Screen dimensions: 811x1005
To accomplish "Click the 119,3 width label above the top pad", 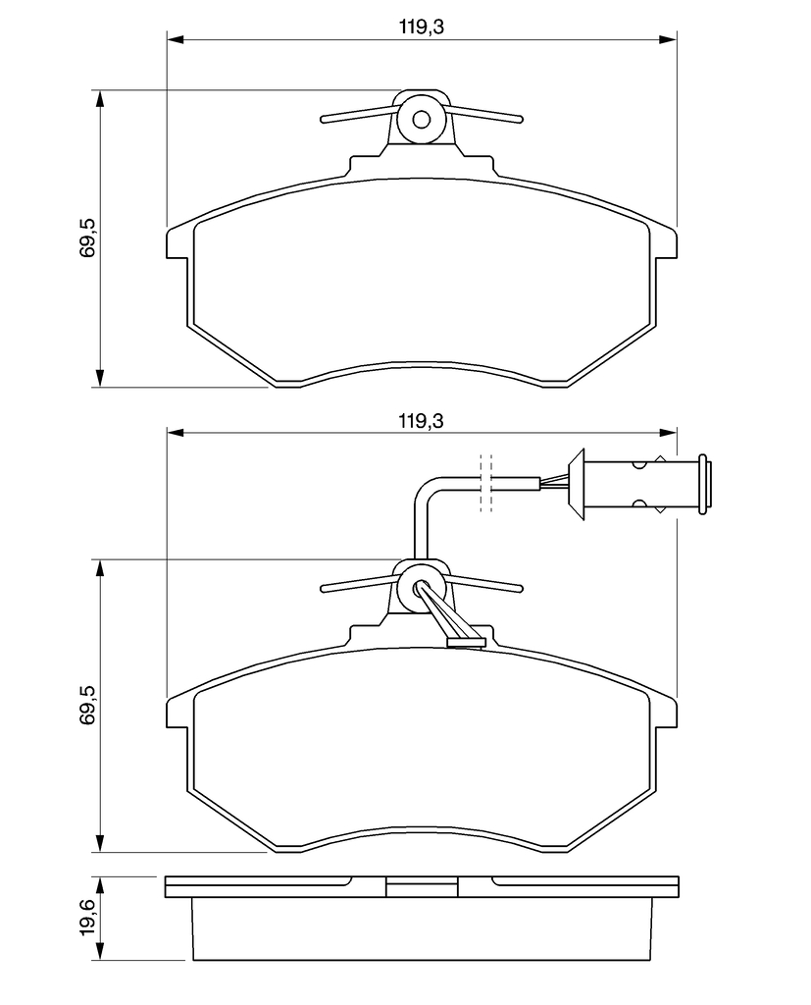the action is [421, 26].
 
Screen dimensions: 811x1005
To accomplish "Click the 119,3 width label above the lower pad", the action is [421, 421].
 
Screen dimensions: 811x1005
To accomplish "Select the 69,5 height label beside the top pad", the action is [86, 238].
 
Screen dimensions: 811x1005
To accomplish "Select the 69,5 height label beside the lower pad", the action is [86, 705].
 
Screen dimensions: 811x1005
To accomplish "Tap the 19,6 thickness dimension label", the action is [87, 918].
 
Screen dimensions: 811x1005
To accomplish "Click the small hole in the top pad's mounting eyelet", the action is [421, 119].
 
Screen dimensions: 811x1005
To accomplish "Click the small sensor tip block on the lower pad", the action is [467, 642].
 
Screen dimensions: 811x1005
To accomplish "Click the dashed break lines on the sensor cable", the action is [486, 483].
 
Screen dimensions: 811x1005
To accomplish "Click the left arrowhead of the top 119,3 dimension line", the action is [176, 39].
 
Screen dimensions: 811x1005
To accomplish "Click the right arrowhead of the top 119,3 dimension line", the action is [668, 39].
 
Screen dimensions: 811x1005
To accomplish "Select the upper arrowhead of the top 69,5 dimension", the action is [99, 99].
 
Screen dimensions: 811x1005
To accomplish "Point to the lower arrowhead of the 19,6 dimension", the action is [99, 950].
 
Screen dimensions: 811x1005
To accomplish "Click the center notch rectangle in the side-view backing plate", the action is [422, 887].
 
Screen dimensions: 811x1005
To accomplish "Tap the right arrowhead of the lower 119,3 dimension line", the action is [668, 433].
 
